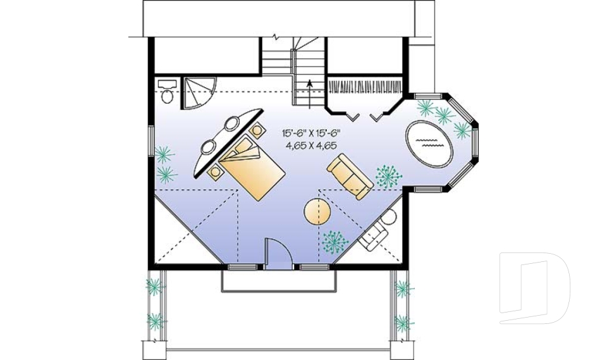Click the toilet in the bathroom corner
click(167, 92)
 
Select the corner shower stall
click(197, 92)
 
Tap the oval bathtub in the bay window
click(427, 143)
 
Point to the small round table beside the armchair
click(389, 218)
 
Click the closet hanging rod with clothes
click(366, 86)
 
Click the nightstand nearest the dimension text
click(257, 130)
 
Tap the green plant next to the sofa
click(387, 177)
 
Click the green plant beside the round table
click(334, 240)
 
